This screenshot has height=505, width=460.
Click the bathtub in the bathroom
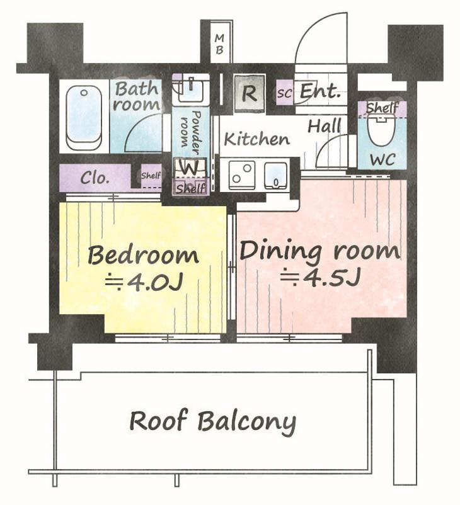tap(84, 118)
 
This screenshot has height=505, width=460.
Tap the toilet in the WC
tap(381, 131)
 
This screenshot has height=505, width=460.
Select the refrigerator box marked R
tap(250, 93)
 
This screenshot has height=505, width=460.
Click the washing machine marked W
tap(190, 168)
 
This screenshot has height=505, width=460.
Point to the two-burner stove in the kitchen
tap(241, 175)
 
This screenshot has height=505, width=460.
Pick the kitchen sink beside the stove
tap(275, 175)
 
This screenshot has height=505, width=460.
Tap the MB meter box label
tap(219, 45)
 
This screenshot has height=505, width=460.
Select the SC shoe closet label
tap(284, 93)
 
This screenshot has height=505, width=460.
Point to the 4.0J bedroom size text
tap(145, 282)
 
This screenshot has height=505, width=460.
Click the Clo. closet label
tap(95, 178)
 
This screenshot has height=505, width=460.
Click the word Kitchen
tap(257, 139)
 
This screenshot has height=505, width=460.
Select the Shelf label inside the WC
tap(382, 107)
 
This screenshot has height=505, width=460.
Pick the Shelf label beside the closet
tap(151, 176)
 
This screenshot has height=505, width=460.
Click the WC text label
tap(382, 159)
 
